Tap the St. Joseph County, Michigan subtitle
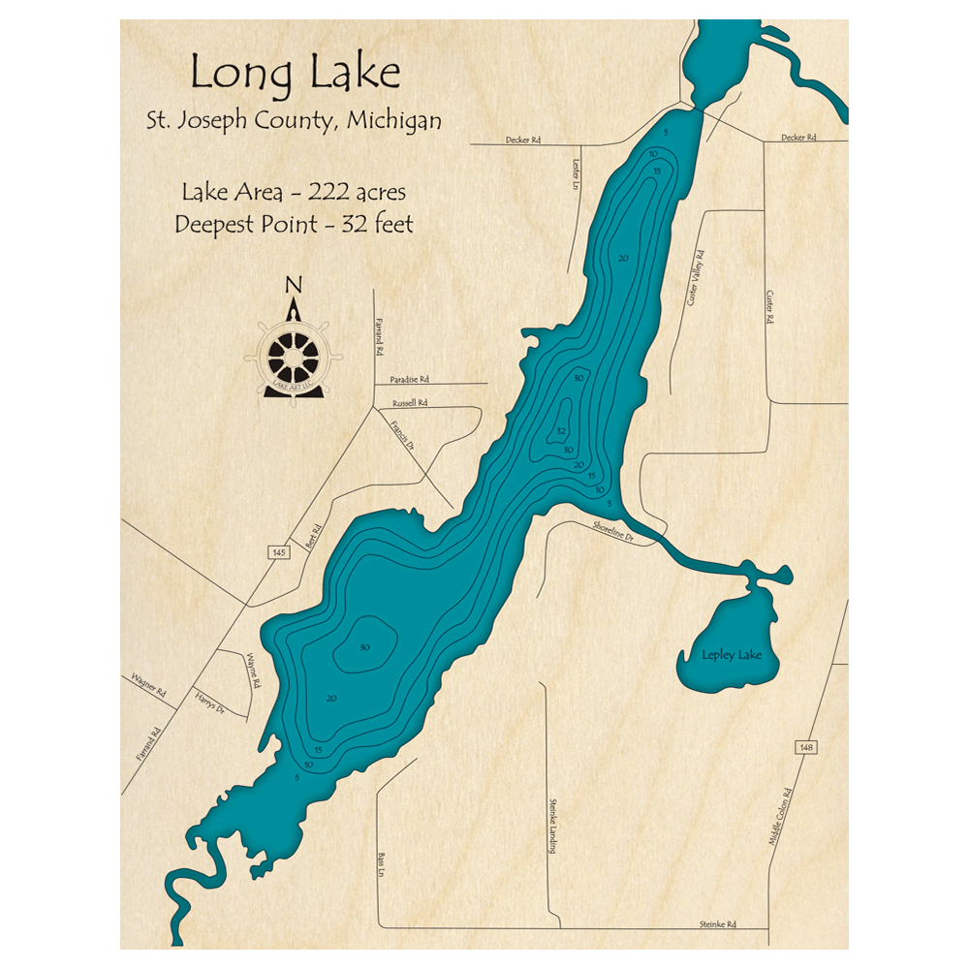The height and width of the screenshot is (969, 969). tap(294, 122)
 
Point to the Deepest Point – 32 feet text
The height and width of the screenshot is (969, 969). tap(294, 224)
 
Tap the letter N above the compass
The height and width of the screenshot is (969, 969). tap(294, 285)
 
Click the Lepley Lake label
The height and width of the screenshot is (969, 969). tap(732, 656)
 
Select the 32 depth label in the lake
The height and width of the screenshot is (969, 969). tap(560, 430)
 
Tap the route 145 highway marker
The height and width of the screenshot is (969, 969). tap(279, 551)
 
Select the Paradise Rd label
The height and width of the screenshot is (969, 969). tap(409, 379)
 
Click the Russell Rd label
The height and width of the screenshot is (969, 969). tap(409, 402)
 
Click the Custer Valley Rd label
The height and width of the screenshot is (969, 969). tap(695, 279)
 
